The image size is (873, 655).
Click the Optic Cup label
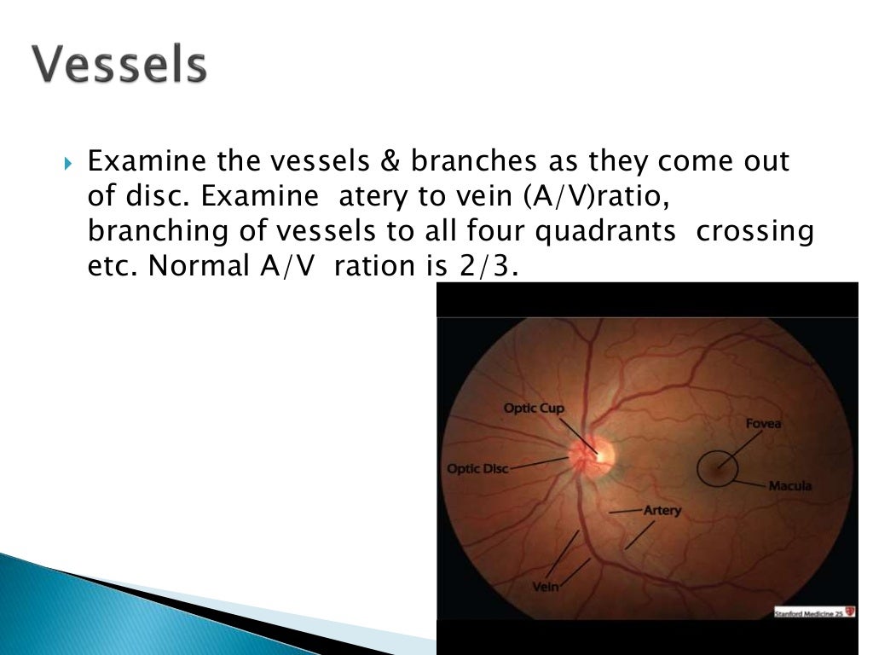pos(534,409)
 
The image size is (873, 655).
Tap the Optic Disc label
pos(477,469)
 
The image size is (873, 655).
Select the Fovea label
pos(763,423)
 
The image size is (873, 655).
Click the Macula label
pos(789,486)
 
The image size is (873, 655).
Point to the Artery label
pos(662,510)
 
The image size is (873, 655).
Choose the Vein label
pos(544,587)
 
